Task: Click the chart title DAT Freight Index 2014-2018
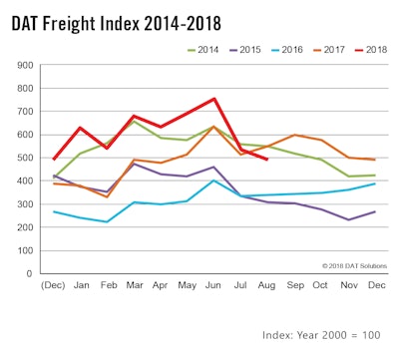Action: (x=117, y=21)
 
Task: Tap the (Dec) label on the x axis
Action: (x=53, y=285)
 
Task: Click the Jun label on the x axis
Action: (x=213, y=285)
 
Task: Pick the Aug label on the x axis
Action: (x=266, y=285)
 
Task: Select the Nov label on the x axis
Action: (x=347, y=285)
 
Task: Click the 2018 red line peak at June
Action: (x=213, y=99)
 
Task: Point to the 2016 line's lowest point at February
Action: (x=107, y=221)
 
